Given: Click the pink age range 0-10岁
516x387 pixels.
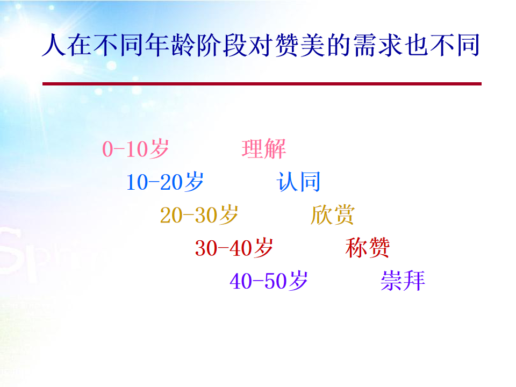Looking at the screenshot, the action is [135, 149].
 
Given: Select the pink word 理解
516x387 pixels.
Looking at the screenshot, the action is [263, 149].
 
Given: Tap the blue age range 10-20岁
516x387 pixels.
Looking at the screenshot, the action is [165, 182].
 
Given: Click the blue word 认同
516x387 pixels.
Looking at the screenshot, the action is [298, 182].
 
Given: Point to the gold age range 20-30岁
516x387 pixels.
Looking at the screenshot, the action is [199, 215].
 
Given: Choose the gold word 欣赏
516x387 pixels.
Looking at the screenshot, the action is [333, 215].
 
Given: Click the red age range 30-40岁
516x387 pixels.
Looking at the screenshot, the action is [234, 248].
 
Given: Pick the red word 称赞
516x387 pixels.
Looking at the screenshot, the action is [368, 248].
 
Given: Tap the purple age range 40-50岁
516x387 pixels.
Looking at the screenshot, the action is [269, 281].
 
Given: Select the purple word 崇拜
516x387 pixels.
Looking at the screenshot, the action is [403, 281].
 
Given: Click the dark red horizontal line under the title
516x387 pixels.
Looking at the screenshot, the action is [262, 84].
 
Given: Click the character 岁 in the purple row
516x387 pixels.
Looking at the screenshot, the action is [297, 281].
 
